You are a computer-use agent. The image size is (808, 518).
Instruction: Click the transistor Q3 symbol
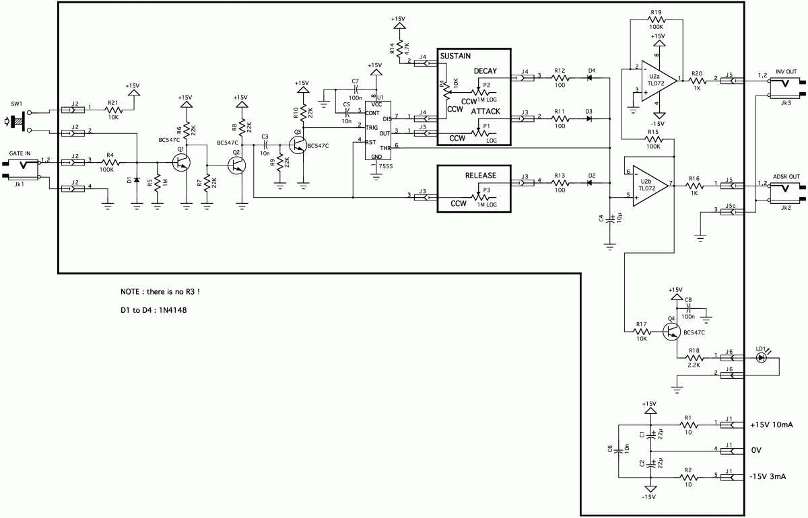[298, 144]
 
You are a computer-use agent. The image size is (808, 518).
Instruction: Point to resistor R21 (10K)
[112, 108]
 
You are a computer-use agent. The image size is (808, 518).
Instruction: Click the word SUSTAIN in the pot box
[455, 57]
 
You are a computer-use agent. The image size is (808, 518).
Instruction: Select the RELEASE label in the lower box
[481, 175]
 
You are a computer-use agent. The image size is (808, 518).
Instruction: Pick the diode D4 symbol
[592, 78]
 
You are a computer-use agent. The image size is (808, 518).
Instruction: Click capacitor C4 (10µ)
[610, 219]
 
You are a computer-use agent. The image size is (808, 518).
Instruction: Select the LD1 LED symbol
[762, 357]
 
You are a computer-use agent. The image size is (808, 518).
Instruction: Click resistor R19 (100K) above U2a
[657, 21]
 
